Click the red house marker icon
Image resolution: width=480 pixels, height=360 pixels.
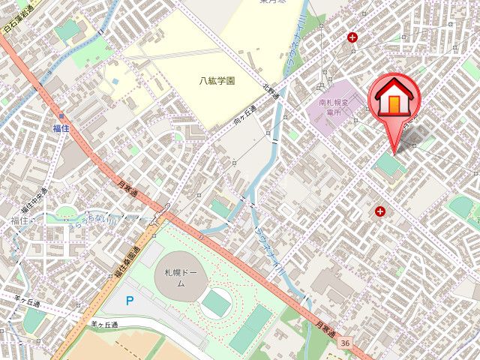pyautogui.click(x=394, y=97)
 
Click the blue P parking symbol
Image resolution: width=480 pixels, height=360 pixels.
pyautogui.click(x=130, y=301)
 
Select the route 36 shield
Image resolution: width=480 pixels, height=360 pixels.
pyautogui.click(x=344, y=343)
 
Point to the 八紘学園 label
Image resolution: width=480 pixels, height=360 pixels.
pyautogui.click(x=217, y=80)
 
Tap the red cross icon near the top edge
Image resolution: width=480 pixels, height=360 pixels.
pyautogui.click(x=352, y=37)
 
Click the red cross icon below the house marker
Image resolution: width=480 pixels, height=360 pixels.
pyautogui.click(x=380, y=212)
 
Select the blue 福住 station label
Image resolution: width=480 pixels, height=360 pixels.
pyautogui.click(x=61, y=128)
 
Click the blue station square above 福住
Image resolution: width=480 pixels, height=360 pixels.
pyautogui.click(x=61, y=116)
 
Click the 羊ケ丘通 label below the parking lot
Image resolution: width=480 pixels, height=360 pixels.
pyautogui.click(x=104, y=324)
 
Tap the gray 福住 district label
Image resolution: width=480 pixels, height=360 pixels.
pyautogui.click(x=18, y=220)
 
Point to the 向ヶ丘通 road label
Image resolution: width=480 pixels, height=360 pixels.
pyautogui.click(x=244, y=115)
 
